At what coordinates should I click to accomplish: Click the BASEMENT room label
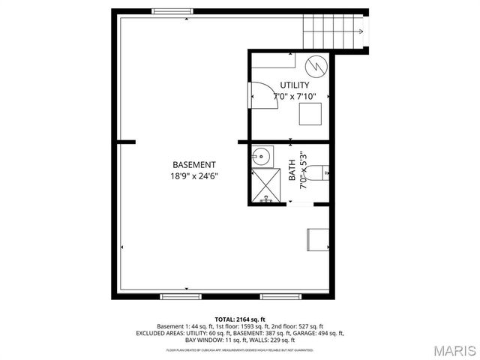(x=193, y=165)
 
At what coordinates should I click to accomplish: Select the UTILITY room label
(x=295, y=85)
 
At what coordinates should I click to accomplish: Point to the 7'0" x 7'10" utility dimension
(x=295, y=97)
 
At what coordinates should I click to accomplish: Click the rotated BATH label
(x=292, y=172)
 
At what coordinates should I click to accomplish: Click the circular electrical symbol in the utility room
(x=319, y=66)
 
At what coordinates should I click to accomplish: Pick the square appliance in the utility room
(x=310, y=114)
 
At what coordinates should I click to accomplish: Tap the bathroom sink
(x=261, y=157)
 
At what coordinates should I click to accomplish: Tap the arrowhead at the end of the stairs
(x=362, y=31)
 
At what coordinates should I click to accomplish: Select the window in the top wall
(x=169, y=10)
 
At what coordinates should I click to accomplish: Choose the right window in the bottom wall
(x=275, y=297)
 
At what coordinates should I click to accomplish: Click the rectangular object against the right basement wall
(x=317, y=238)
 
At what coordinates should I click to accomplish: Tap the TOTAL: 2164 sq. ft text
(x=239, y=319)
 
